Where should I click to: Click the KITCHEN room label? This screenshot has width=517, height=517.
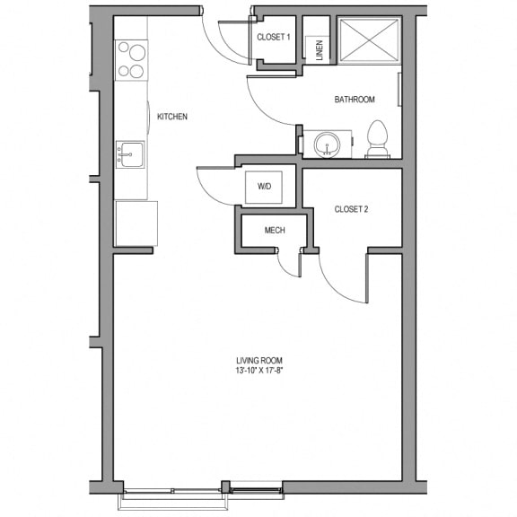[172, 117]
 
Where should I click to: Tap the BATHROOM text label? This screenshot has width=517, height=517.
[355, 100]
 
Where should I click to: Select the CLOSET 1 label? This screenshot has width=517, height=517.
[274, 37]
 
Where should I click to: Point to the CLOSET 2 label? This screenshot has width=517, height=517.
[351, 209]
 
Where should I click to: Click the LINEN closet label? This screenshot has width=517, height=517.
[320, 50]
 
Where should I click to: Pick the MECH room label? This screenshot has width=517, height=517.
[275, 230]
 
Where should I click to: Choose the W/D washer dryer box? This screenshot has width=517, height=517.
[264, 187]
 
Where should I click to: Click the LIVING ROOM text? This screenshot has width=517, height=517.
[259, 361]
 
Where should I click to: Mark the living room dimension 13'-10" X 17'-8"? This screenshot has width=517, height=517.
[259, 371]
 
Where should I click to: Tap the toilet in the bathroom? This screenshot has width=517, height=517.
[378, 139]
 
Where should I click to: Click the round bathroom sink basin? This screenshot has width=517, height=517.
[327, 145]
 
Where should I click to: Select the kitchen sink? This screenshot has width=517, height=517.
[130, 154]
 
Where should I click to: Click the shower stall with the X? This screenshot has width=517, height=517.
[369, 40]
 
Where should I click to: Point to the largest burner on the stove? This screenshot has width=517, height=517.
[137, 53]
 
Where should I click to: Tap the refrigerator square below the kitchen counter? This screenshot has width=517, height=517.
[136, 223]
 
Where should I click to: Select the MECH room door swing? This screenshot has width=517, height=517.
[284, 268]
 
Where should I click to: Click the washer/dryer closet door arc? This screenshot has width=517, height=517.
[206, 194]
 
